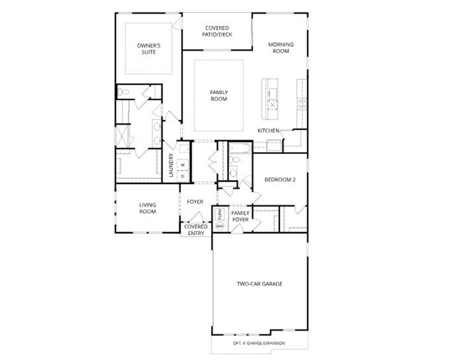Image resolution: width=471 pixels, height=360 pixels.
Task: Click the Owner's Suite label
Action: (x=149, y=49)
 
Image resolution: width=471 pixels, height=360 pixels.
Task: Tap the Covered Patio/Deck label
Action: (x=217, y=31)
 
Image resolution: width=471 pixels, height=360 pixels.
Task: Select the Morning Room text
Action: (x=281, y=48)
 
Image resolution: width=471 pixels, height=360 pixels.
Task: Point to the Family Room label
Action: (x=219, y=96)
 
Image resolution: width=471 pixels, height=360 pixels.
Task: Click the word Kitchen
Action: (x=268, y=131)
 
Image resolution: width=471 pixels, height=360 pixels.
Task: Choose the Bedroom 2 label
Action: (x=280, y=180)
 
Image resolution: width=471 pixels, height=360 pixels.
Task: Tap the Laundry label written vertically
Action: (x=171, y=165)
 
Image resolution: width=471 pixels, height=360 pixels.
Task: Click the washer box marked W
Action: (x=183, y=165)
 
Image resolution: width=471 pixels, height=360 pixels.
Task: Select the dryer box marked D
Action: (x=183, y=176)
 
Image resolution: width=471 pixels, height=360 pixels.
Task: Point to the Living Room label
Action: (x=147, y=208)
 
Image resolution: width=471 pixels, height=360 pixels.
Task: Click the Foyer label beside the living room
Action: (x=195, y=202)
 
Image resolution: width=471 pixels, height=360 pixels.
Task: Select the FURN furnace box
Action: (x=220, y=214)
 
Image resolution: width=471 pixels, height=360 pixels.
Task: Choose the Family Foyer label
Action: (x=240, y=216)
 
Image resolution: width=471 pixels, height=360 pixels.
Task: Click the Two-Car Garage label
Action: (x=259, y=284)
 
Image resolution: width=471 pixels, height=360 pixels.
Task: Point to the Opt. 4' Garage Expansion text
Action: (x=259, y=343)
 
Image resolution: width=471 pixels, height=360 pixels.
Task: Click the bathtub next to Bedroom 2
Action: (x=240, y=149)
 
